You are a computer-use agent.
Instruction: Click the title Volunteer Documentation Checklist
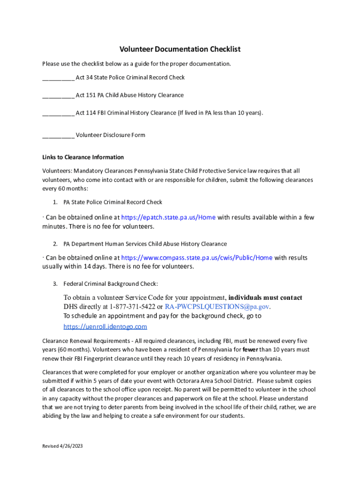(180, 49)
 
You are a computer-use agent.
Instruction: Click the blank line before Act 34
(58, 78)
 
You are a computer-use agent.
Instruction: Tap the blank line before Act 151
(58, 96)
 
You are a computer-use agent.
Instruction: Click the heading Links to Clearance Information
(83, 157)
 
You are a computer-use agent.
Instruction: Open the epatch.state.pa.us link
(168, 218)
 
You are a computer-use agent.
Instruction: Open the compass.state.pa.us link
(197, 258)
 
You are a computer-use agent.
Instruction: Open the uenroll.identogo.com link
(105, 327)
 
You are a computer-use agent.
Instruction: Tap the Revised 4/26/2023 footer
(62, 446)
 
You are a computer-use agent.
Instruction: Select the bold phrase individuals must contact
(265, 298)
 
